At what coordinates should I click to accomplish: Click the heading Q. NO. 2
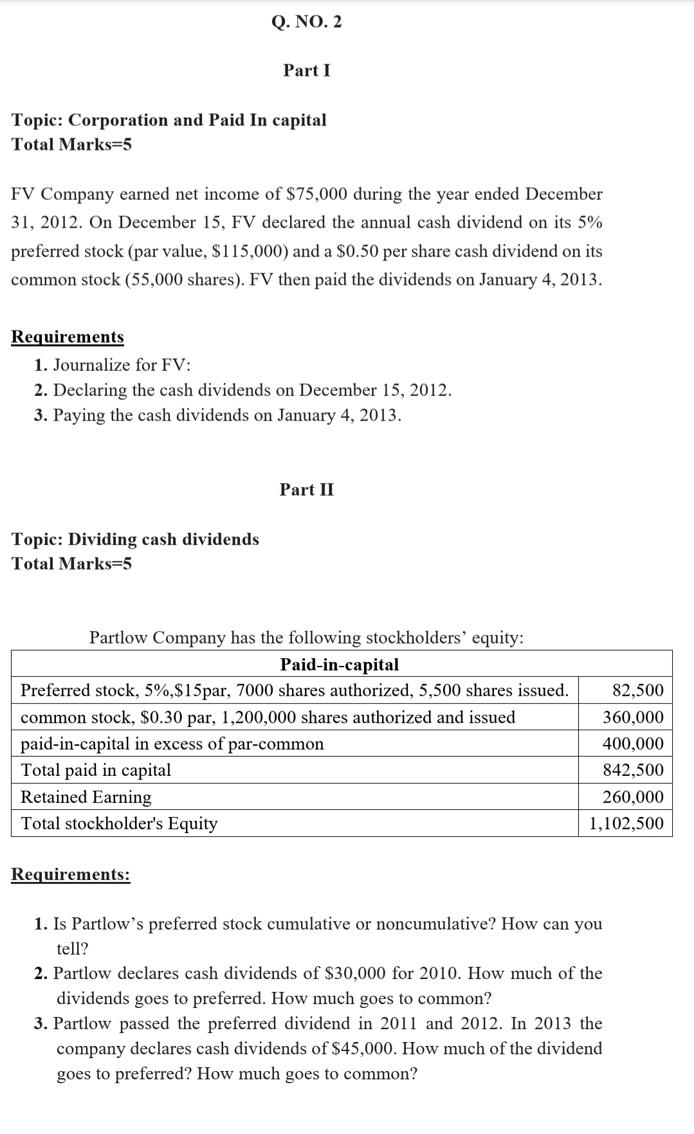tap(307, 22)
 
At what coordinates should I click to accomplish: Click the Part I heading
tap(307, 70)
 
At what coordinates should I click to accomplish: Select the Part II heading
tap(307, 490)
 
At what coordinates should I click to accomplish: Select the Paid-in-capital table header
tap(340, 664)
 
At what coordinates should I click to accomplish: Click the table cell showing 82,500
tap(637, 690)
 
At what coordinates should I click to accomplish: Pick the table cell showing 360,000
tap(633, 717)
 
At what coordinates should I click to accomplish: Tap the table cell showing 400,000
tap(633, 744)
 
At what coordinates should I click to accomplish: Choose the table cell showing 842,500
tap(633, 770)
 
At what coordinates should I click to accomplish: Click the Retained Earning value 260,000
tap(633, 797)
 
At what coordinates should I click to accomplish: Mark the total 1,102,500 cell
tap(626, 824)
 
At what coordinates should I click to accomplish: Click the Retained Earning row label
tap(86, 797)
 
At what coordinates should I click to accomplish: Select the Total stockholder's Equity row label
tap(119, 824)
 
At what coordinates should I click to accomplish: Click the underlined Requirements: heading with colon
tap(71, 874)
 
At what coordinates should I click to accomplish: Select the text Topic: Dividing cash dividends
tap(135, 539)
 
